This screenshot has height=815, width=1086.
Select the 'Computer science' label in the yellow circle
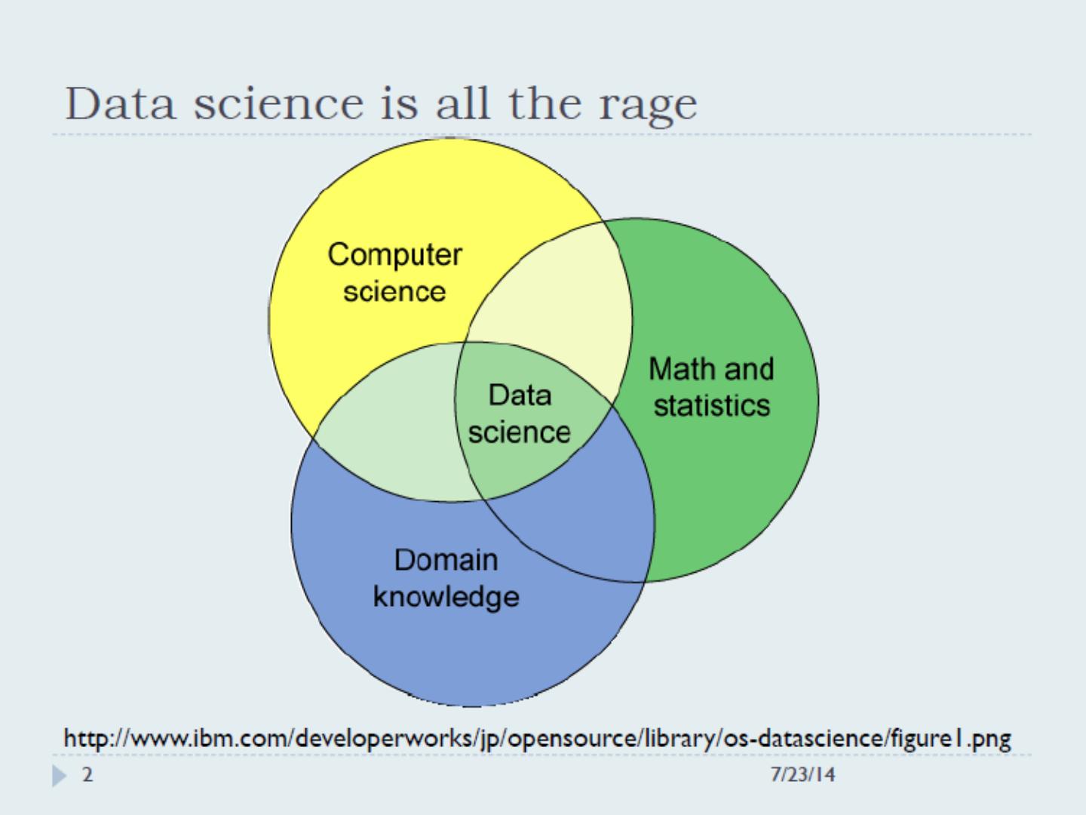tap(394, 272)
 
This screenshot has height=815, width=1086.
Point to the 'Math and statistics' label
tap(711, 387)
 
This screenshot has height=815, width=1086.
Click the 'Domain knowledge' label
tap(446, 578)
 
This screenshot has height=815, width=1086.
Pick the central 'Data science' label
tap(519, 414)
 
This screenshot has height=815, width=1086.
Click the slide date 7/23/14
tap(802, 775)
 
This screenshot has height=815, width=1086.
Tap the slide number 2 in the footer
tap(87, 775)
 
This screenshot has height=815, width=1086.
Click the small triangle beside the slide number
tap(59, 776)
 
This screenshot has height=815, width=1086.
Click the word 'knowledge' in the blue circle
tap(446, 597)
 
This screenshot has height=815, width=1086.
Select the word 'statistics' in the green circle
tap(711, 406)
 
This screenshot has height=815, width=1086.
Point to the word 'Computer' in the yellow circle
tap(394, 254)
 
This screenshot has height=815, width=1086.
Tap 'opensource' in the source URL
tap(572, 737)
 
